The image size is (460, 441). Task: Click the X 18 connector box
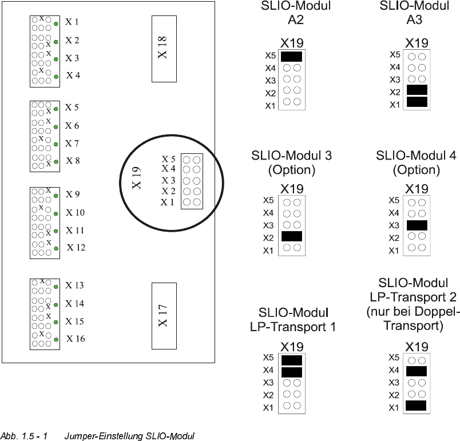pyautogui.click(x=164, y=49)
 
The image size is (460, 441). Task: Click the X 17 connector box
pyautogui.click(x=164, y=315)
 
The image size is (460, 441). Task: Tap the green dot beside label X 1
pyautogui.click(x=57, y=23)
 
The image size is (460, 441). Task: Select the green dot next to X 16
pyautogui.click(x=57, y=340)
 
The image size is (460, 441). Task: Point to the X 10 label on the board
pyautogui.click(x=75, y=213)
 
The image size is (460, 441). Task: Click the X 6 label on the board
pyautogui.click(x=72, y=126)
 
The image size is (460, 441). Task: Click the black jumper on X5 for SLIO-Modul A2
pyautogui.click(x=291, y=56)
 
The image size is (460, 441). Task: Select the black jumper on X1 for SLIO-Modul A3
pyautogui.click(x=416, y=102)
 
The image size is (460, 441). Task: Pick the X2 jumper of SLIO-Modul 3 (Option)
pyautogui.click(x=291, y=236)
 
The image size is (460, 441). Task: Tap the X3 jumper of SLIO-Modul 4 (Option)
pyautogui.click(x=416, y=225)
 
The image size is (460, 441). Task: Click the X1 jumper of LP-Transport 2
pyautogui.click(x=416, y=406)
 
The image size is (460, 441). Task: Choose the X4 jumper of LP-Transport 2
pyautogui.click(x=416, y=371)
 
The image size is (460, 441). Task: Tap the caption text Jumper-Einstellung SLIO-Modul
pyautogui.click(x=130, y=436)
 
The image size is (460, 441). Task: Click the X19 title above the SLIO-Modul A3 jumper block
pyautogui.click(x=416, y=43)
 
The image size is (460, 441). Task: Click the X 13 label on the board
pyautogui.click(x=74, y=285)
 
